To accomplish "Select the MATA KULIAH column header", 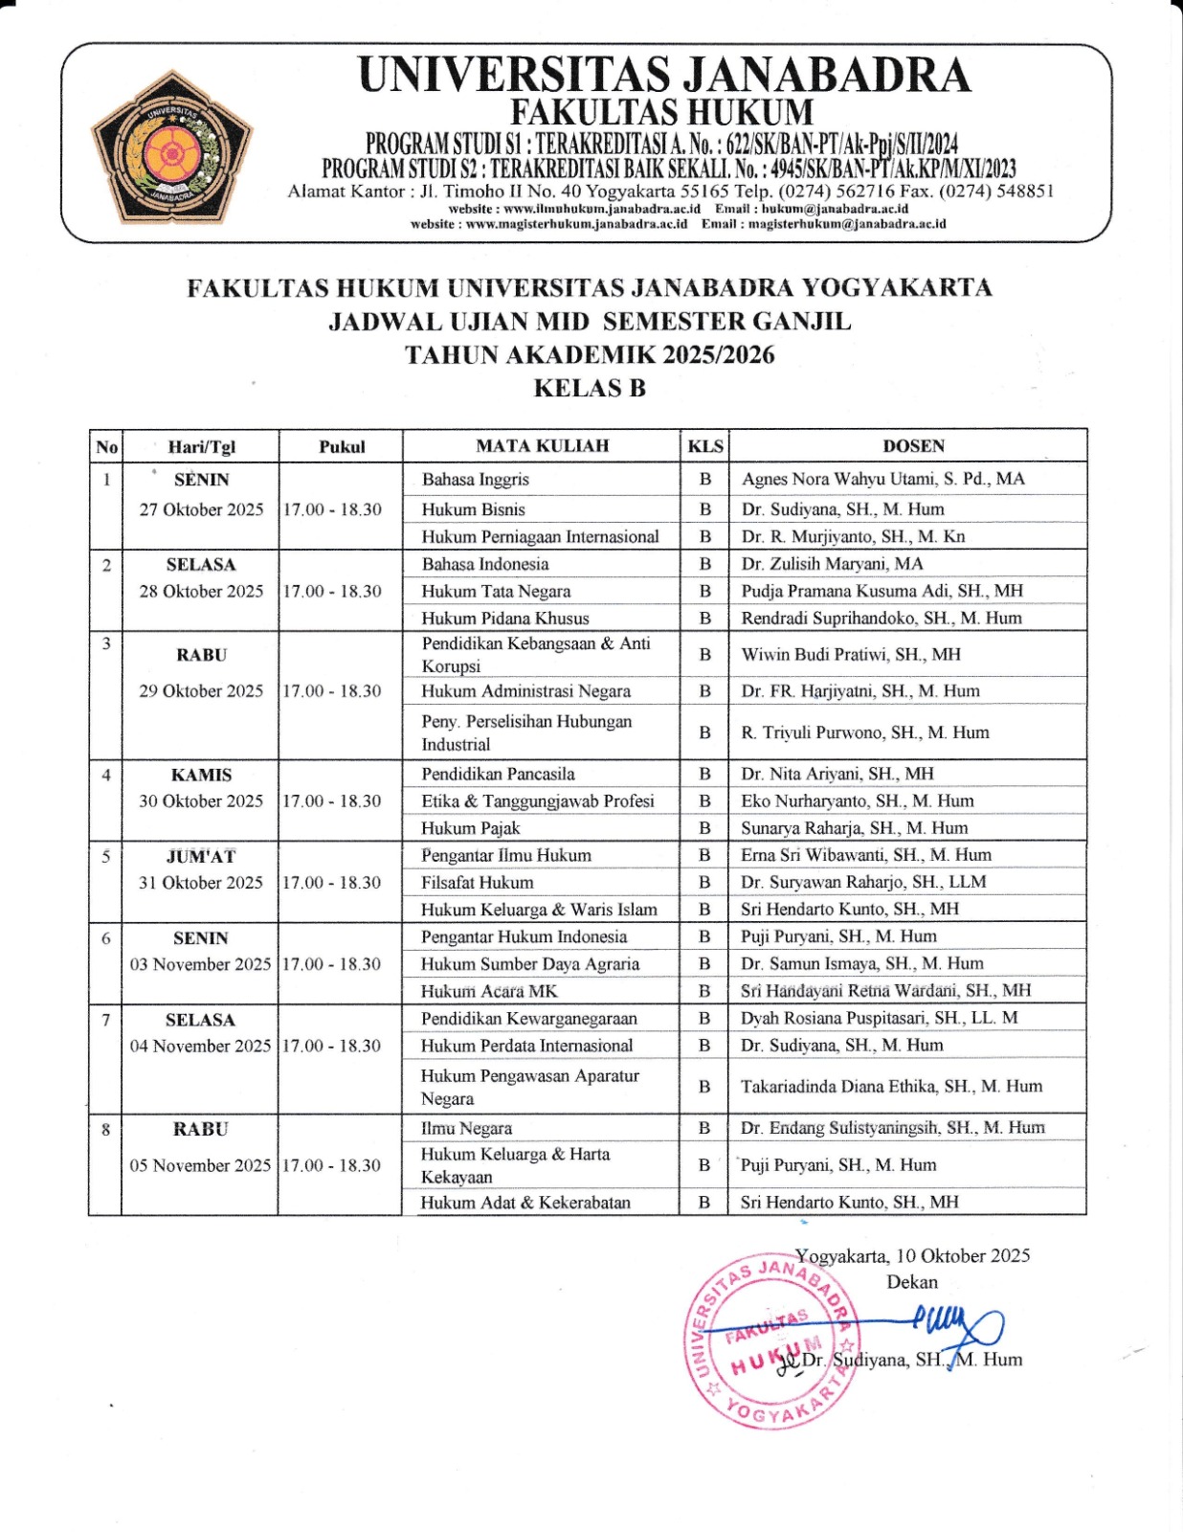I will (x=542, y=445).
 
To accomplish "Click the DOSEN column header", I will (x=913, y=445).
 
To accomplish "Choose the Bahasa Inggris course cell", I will (x=476, y=479).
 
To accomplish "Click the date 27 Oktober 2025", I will (x=201, y=509).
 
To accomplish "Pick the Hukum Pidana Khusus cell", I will (x=505, y=619).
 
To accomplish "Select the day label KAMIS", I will (x=201, y=775).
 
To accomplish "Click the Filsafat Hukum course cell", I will (x=478, y=882).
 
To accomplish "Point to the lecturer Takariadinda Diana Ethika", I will (x=891, y=1086).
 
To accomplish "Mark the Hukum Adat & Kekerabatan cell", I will (x=525, y=1202).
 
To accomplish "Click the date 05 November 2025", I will (x=200, y=1165).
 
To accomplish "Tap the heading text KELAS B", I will (x=590, y=388).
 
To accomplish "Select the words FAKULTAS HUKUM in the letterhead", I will (x=661, y=113).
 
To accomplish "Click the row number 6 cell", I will (x=105, y=938).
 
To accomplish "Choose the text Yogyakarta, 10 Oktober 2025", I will (x=912, y=1255).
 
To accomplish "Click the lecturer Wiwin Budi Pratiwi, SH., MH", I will (x=851, y=654).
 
